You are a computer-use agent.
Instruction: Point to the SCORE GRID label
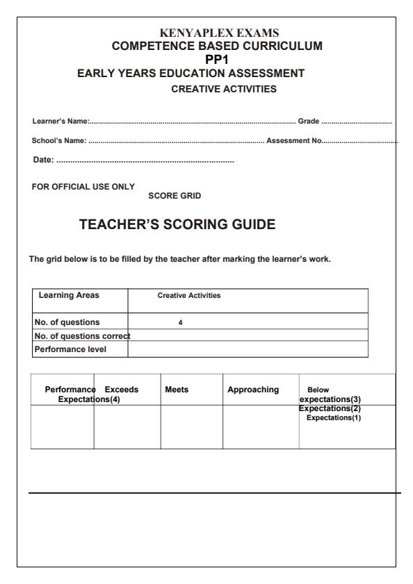point(175,197)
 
